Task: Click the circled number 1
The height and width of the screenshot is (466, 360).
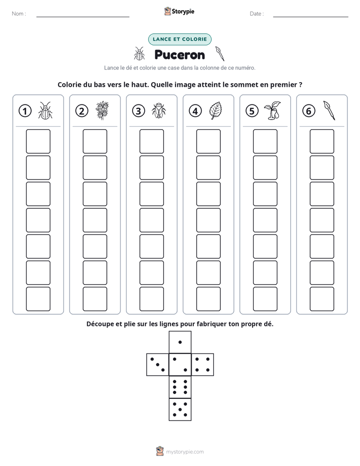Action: pyautogui.click(x=25, y=111)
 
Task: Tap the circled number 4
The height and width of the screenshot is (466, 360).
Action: pyautogui.click(x=195, y=111)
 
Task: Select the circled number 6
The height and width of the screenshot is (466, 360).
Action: pyautogui.click(x=309, y=111)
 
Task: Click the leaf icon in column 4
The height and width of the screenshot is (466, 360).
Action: pyautogui.click(x=216, y=110)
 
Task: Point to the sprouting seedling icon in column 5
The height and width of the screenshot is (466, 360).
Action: pyautogui.click(x=272, y=110)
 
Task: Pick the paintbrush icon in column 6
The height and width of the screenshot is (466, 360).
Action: pyautogui.click(x=329, y=110)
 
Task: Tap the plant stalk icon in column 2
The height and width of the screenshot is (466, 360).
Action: pyautogui.click(x=102, y=110)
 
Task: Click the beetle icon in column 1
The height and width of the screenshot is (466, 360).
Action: pyautogui.click(x=45, y=110)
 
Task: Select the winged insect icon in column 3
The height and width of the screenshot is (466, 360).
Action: pyautogui.click(x=159, y=111)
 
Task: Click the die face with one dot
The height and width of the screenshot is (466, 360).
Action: pyautogui.click(x=180, y=342)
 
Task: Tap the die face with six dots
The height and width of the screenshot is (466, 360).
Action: pyautogui.click(x=180, y=387)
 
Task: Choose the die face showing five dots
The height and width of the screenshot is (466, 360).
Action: pyautogui.click(x=180, y=410)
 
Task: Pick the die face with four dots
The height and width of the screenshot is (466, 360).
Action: pyautogui.click(x=203, y=365)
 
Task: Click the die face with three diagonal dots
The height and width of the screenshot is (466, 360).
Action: pyautogui.click(x=158, y=365)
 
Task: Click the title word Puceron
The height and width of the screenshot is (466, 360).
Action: pyautogui.click(x=179, y=55)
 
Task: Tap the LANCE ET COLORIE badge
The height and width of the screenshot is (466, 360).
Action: pyautogui.click(x=179, y=39)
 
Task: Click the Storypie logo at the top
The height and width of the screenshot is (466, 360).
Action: pyautogui.click(x=179, y=11)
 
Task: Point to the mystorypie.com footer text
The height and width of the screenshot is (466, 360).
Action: pyautogui.click(x=185, y=452)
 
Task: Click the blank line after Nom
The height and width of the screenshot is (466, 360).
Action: pyautogui.click(x=83, y=17)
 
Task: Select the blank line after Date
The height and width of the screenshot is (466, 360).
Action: pyautogui.click(x=311, y=17)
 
